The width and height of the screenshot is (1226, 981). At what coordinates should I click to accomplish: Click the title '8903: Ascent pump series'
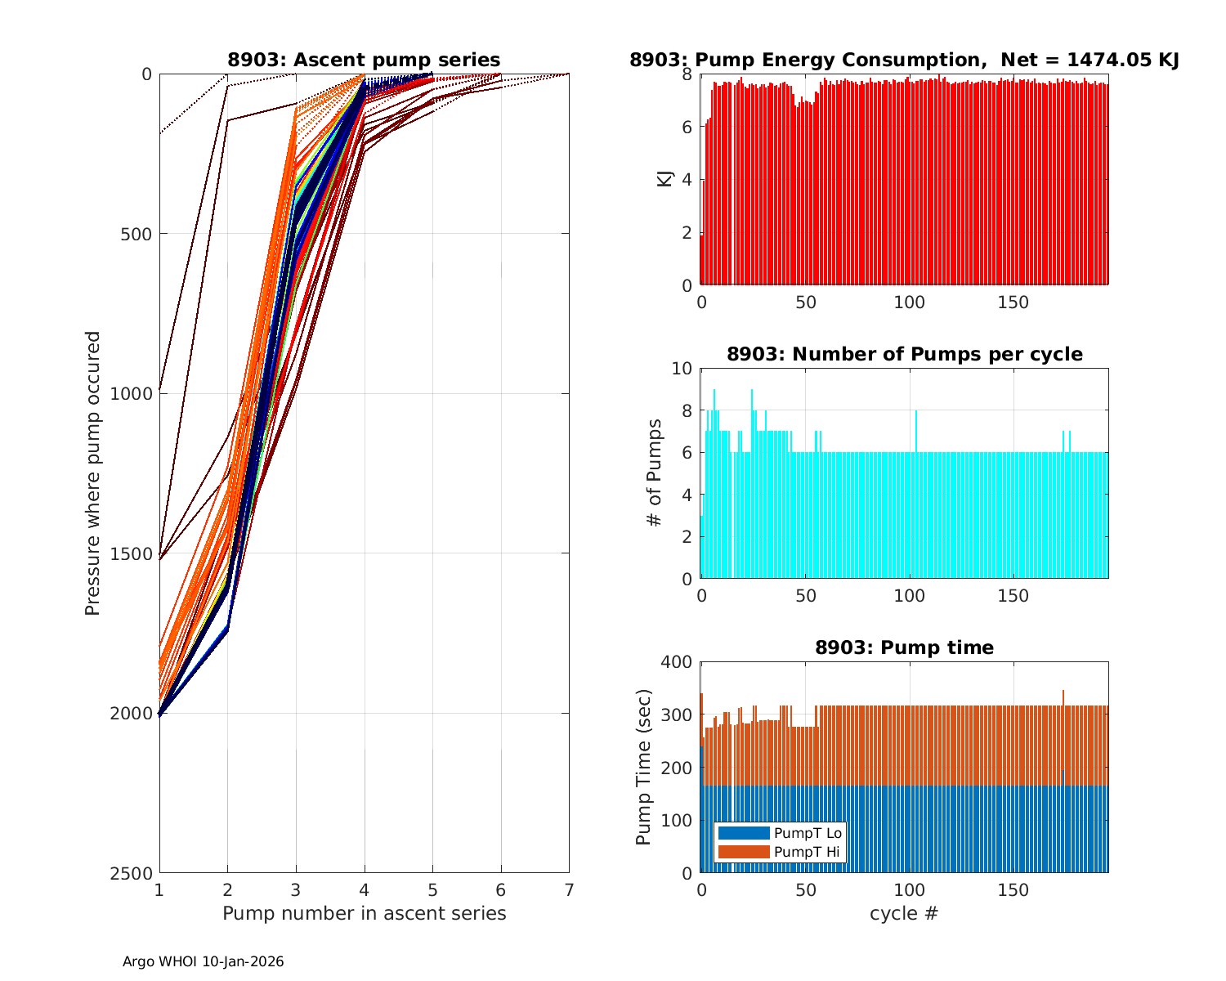[x=364, y=60]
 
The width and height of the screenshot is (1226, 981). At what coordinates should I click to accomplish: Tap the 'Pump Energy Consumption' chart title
[x=904, y=60]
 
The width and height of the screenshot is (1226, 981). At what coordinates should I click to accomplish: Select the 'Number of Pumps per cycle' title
[x=904, y=354]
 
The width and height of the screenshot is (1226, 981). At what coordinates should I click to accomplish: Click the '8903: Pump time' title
[x=904, y=647]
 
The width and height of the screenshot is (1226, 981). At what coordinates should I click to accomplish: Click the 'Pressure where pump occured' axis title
[x=93, y=473]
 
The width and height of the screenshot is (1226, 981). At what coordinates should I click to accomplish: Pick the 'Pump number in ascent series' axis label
[x=364, y=913]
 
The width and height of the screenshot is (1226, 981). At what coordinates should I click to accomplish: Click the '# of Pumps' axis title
[x=655, y=473]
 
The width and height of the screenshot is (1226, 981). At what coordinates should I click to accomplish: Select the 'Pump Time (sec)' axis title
[x=644, y=767]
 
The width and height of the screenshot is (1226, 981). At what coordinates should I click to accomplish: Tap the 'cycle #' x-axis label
[x=904, y=913]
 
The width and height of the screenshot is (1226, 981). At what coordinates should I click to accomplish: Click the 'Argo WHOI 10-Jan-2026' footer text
[x=203, y=961]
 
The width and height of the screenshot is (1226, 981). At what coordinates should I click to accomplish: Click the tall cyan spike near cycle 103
[x=916, y=425]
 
